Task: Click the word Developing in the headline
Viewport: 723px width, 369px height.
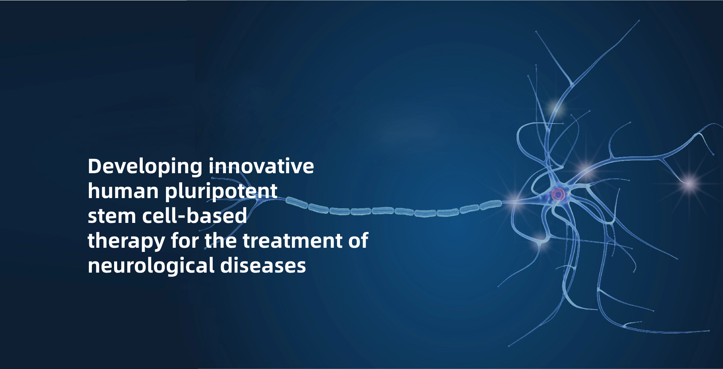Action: (145, 167)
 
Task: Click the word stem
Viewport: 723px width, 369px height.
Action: (112, 216)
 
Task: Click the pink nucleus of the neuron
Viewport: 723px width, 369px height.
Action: (558, 194)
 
